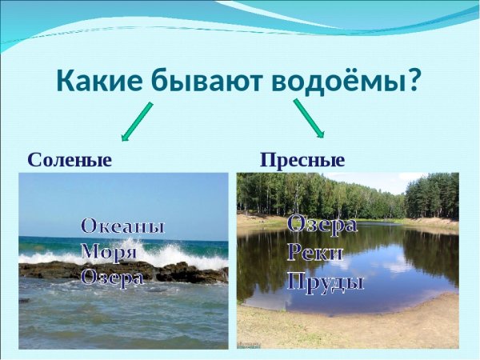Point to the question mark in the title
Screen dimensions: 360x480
tap(414, 82)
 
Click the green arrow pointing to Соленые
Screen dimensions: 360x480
tap(135, 120)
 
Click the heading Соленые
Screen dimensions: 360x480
tap(69, 159)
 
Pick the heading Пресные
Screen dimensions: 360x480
tap(302, 159)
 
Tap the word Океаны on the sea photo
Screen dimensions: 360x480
tap(122, 226)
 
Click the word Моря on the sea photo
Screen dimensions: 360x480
tap(110, 251)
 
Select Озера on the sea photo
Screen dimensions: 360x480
tap(112, 277)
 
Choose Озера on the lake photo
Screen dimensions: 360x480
tap(322, 225)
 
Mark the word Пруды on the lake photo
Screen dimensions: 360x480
tap(325, 282)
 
